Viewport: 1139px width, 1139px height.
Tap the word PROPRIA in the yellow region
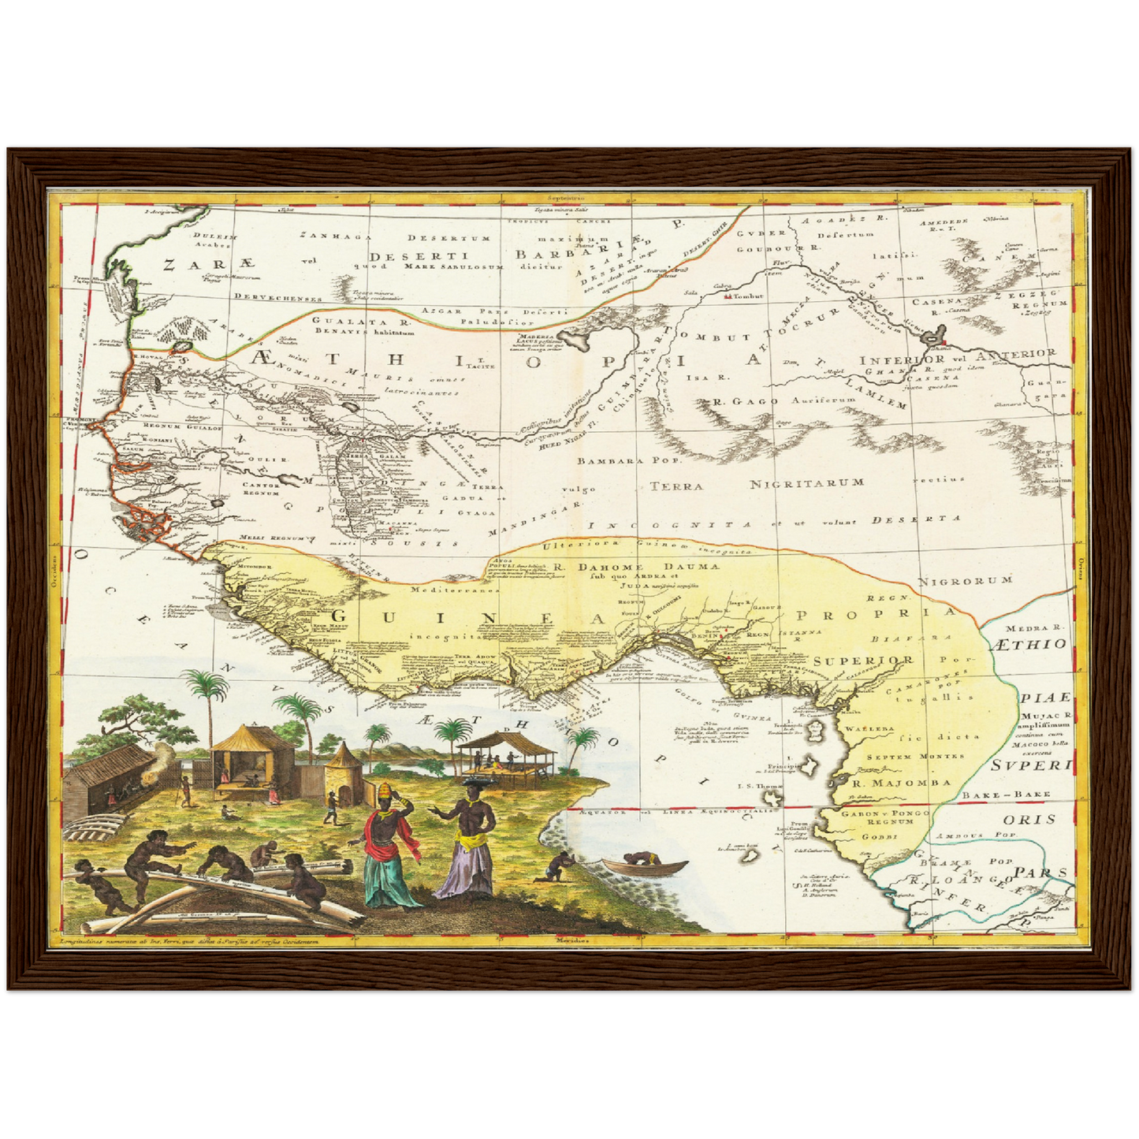[875, 612]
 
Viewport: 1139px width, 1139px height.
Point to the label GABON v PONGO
[885, 812]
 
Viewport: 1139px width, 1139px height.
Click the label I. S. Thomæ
[760, 787]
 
